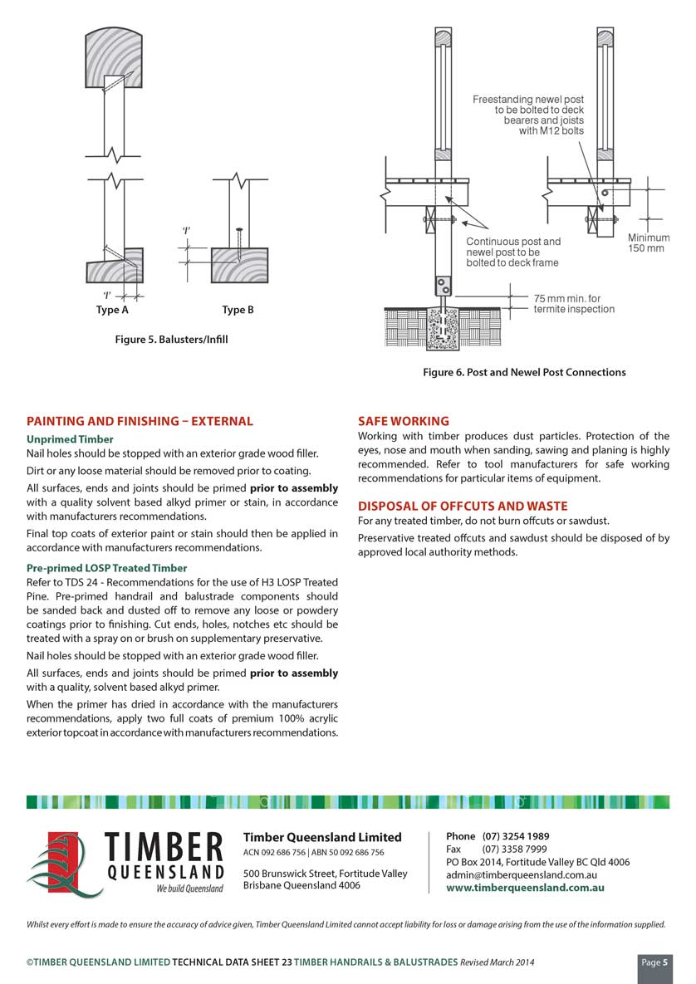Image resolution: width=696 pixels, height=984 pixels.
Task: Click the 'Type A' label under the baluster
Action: coord(112,311)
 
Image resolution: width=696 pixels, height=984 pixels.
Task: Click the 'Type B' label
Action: coord(238,311)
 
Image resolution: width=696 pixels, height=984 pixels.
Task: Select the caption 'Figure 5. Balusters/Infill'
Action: coord(171,340)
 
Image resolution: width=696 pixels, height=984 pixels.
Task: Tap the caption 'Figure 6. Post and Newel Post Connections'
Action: coord(524,372)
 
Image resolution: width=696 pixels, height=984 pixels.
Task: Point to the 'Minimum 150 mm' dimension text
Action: coord(648,243)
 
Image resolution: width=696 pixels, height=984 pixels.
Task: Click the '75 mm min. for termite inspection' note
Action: coord(574,304)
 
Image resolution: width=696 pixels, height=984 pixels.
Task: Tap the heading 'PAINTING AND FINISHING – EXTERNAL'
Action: coord(140,422)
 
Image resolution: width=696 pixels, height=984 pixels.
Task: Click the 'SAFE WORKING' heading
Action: coord(404,422)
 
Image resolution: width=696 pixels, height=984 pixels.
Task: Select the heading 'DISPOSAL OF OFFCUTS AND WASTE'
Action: coord(463,507)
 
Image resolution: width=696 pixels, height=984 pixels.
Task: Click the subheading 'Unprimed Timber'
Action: coord(70,439)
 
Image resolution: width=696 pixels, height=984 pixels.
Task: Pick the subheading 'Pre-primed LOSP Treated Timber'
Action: coord(106,568)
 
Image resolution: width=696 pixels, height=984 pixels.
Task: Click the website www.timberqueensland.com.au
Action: coord(525,888)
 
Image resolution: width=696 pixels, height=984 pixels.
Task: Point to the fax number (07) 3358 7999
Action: coord(514,849)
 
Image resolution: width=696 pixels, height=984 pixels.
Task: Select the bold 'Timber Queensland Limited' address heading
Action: coord(322,837)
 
